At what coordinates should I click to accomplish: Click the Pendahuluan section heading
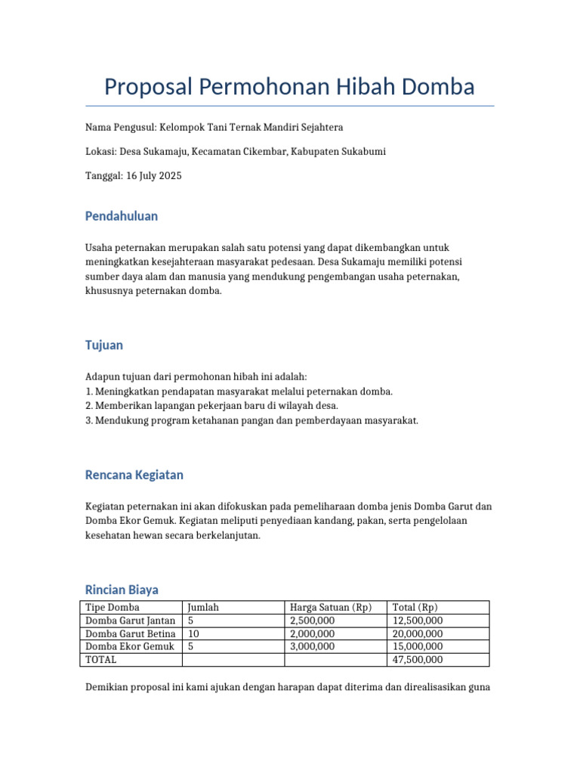point(122,216)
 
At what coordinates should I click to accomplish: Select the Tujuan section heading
point(104,345)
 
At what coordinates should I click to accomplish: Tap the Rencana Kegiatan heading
point(134,475)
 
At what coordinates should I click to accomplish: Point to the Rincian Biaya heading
point(122,590)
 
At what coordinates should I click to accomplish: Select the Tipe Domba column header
point(113,608)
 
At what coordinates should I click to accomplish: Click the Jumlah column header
point(203,608)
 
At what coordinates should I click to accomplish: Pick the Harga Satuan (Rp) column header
point(331,608)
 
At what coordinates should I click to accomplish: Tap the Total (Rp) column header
point(415,608)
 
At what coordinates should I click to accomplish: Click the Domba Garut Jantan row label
point(131,621)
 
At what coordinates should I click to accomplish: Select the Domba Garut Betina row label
point(131,633)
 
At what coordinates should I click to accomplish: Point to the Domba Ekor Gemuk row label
point(130,646)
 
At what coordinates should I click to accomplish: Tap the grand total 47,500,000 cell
point(418,660)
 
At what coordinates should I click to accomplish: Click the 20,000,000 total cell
point(418,633)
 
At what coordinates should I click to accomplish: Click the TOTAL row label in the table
point(101,660)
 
